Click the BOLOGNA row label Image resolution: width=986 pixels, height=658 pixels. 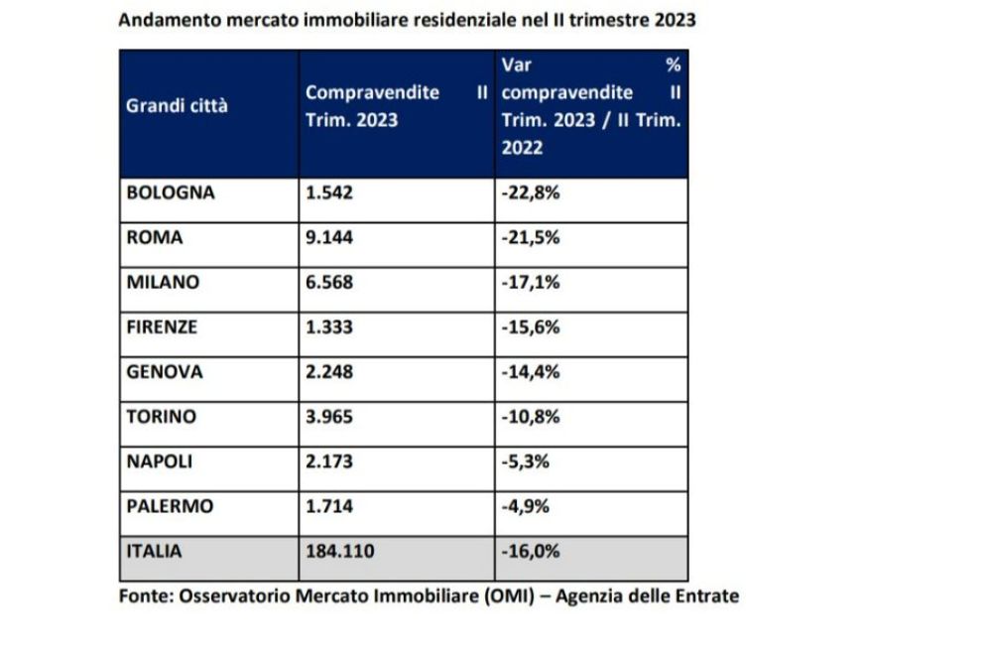coord(171,193)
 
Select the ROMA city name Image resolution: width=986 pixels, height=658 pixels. coord(156,237)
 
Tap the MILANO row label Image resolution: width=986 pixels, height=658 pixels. coord(163,282)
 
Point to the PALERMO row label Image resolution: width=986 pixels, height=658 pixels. coord(170,506)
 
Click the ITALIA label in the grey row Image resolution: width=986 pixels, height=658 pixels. coord(154,551)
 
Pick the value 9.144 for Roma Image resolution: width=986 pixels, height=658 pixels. coord(329,237)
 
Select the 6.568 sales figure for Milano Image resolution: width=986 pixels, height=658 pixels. coord(329,282)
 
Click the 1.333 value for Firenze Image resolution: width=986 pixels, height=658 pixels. coord(329,327)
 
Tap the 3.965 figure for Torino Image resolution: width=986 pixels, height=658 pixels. coord(329,417)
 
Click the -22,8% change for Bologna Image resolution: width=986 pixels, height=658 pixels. coord(532,193)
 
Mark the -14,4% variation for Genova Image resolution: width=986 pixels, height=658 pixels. coord(532,372)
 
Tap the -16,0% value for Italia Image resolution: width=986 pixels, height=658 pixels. coord(532,551)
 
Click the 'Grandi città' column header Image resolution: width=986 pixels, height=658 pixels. coord(177,106)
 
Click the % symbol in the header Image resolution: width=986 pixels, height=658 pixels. coord(673,66)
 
